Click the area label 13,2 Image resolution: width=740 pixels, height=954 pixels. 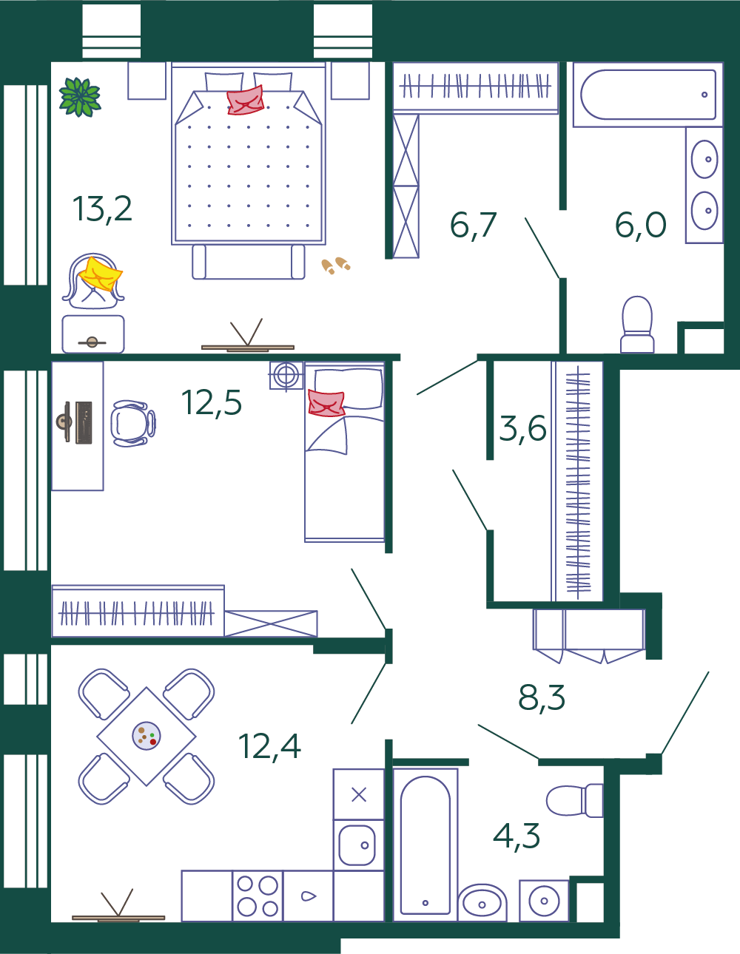tap(102, 209)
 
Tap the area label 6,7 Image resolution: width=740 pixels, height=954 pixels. tap(473, 226)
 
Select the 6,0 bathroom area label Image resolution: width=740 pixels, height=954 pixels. tap(641, 225)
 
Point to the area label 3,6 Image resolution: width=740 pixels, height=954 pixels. tap(522, 428)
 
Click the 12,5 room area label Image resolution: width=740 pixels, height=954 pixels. tap(211, 402)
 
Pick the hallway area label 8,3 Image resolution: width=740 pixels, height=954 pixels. tap(542, 697)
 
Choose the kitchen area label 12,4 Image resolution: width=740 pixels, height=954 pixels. tap(269, 747)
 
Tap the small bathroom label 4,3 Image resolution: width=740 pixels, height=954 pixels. tap(517, 836)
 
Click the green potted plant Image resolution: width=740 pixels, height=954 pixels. tap(81, 97)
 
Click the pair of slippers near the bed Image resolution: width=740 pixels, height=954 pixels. tap(336, 265)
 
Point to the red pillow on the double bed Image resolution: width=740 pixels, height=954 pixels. tap(246, 101)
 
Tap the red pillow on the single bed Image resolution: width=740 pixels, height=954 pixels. tap(326, 403)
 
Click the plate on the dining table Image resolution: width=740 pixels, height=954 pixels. tap(147, 736)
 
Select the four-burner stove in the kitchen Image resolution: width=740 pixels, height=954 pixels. tap(258, 896)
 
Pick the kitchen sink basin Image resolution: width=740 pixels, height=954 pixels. tap(357, 845)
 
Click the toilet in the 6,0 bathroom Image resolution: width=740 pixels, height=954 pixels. tap(637, 325)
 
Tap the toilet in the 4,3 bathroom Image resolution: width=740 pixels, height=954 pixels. tap(574, 800)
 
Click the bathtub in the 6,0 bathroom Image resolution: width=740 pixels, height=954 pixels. tap(648, 95)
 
